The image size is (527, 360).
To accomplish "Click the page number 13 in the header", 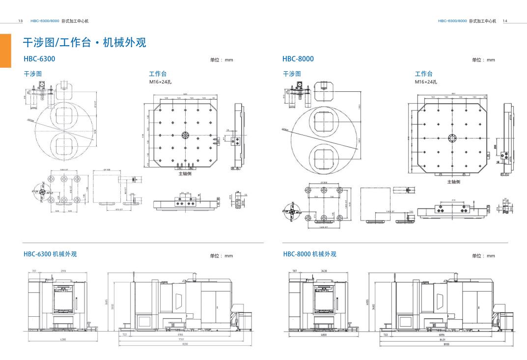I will [20, 21].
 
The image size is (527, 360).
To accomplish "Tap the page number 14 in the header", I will [505, 21].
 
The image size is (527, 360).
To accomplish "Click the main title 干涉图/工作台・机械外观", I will [84, 43].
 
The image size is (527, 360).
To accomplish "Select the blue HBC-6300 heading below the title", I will [39, 59].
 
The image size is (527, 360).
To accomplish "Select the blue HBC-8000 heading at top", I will [298, 59].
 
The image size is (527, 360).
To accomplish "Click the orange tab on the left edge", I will [5, 50].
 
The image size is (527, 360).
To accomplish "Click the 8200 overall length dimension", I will [184, 344].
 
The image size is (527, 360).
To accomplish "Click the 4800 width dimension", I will [324, 335].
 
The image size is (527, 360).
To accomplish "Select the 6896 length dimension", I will [442, 335].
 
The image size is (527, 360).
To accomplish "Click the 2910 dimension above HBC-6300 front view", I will [64, 271].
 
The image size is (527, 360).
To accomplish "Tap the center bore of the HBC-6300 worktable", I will [185, 135].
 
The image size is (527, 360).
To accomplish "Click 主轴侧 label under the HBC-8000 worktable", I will [453, 182].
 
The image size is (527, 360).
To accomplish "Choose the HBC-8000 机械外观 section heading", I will [309, 254].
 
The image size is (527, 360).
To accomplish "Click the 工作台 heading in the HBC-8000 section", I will [423, 74].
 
